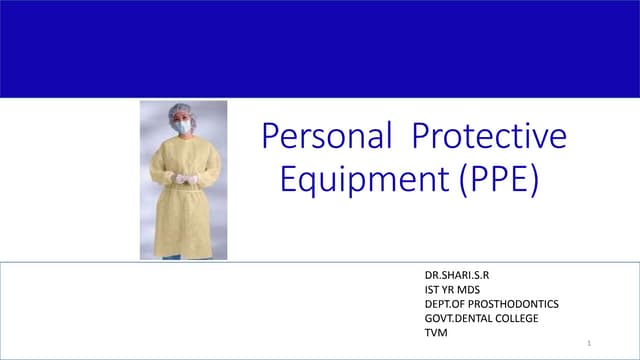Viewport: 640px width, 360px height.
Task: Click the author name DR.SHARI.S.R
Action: click(459, 273)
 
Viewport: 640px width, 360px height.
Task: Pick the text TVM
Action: click(437, 333)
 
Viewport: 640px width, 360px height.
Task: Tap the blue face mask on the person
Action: click(182, 127)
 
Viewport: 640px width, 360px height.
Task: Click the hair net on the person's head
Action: click(182, 110)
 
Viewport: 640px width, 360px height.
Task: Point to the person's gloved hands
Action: click(184, 179)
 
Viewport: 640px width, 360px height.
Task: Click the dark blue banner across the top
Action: click(320, 48)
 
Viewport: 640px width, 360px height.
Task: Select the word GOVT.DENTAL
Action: click(456, 318)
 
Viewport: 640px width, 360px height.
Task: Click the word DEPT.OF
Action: click(444, 303)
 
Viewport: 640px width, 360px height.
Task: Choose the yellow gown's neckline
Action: click(183, 140)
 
